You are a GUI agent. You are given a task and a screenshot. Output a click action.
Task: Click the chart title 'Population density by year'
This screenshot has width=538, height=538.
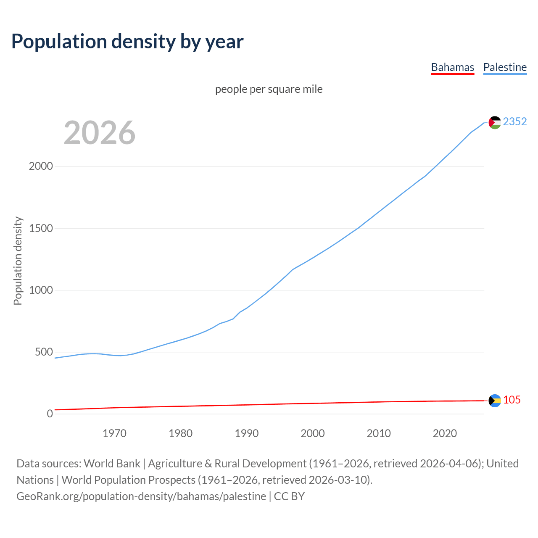point(127,42)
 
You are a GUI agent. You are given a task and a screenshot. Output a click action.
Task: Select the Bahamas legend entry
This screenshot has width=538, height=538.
point(452,67)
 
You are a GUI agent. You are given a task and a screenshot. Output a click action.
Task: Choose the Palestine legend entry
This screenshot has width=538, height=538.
point(505,67)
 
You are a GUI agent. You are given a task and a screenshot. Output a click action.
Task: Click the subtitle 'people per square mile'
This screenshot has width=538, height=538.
point(269,89)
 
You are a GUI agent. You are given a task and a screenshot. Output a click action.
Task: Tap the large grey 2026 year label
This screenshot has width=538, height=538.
point(100,133)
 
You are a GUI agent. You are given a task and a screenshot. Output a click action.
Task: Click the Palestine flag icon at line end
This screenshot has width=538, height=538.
point(495,122)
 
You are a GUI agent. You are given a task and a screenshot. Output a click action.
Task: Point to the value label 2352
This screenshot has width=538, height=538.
point(514,121)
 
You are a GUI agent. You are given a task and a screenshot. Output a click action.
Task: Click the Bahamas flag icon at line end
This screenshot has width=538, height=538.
point(495,401)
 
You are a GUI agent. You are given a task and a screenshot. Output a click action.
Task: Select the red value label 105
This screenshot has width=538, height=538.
point(512,400)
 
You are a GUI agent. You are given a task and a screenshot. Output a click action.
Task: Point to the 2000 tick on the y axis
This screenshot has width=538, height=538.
point(41,166)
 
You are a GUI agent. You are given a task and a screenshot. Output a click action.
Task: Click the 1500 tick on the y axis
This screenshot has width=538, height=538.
point(41,228)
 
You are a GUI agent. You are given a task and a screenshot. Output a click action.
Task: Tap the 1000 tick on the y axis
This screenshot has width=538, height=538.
point(41,290)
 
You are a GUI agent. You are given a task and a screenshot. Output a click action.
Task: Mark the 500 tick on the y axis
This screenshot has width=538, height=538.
point(44,352)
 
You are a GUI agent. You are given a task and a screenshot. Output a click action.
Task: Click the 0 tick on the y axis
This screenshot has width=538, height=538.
point(50,414)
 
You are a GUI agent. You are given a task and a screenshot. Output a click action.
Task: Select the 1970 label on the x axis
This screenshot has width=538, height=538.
point(114,433)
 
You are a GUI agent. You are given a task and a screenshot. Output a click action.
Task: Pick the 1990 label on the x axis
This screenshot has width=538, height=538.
point(247,433)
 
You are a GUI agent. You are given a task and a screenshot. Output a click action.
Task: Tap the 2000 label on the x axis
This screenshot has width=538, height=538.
point(313,433)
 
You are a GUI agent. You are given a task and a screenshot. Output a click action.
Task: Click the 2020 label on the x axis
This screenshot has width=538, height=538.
point(445,433)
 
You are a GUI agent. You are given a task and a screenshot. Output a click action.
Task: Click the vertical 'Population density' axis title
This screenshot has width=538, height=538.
point(18,261)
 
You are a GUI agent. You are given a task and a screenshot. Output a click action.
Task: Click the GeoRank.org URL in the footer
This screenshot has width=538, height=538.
point(141,496)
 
